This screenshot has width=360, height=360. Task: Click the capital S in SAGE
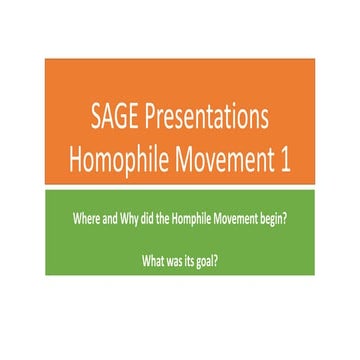[96, 119]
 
